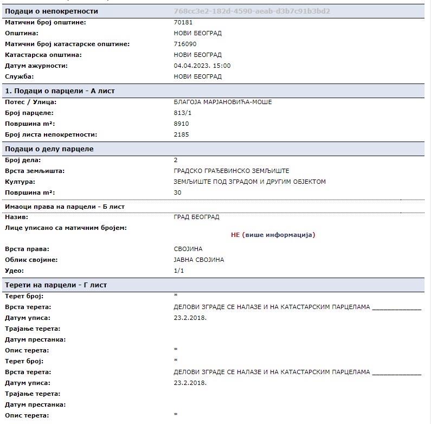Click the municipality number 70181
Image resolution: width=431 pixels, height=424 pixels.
point(183,22)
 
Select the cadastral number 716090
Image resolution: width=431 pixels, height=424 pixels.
point(185,44)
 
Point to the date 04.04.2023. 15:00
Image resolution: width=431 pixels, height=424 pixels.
point(202,66)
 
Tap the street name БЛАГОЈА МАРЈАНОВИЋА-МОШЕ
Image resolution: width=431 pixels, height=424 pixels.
point(222,102)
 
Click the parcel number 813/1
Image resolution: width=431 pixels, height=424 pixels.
point(182,113)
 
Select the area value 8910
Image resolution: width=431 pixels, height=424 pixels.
point(181,124)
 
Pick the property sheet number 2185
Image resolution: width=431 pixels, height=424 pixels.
point(181,134)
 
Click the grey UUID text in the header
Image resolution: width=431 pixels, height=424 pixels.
point(252,11)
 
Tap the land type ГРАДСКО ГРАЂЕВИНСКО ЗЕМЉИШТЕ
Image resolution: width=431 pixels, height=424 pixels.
point(231,171)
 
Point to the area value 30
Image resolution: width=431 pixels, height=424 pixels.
point(177,192)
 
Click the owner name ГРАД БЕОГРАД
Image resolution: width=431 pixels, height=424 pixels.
point(196,217)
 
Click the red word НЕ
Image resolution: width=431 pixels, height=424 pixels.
point(235,235)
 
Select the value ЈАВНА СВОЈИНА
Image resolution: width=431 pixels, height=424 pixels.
point(198,260)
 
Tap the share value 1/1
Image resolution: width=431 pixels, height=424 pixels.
point(179,271)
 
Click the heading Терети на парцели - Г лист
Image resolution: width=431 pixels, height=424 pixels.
point(56,285)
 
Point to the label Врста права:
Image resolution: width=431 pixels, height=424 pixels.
point(27,249)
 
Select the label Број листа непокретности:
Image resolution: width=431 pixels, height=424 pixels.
point(50,134)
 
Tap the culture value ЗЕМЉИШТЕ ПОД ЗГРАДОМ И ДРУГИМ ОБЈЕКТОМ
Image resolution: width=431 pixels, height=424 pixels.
point(249,182)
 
